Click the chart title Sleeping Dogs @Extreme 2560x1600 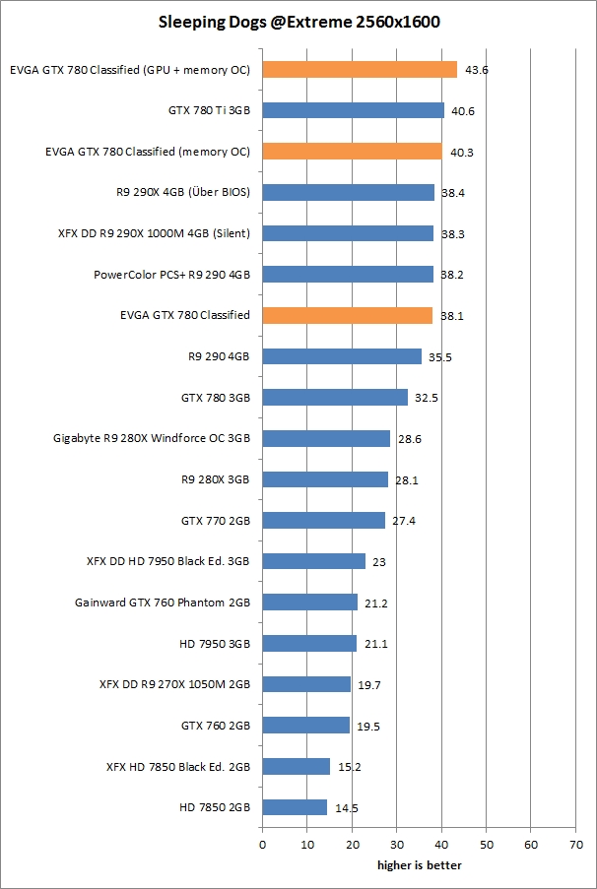pos(298,21)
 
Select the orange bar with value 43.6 pos(360,70)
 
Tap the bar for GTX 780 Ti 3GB pos(353,110)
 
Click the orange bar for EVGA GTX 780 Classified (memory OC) pos(352,152)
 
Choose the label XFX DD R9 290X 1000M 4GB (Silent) pos(155,233)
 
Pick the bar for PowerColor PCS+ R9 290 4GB pos(348,275)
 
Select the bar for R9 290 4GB pos(342,356)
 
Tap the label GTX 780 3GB pos(215,398)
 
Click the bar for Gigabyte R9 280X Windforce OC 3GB pos(326,438)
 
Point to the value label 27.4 pos(404,521)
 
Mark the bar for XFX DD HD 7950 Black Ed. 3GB pos(313,561)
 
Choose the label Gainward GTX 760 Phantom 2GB pos(162,603)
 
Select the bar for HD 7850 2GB pos(295,807)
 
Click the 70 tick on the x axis pos(575,845)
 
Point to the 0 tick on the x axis pos(262,845)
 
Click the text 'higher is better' pos(419,865)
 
